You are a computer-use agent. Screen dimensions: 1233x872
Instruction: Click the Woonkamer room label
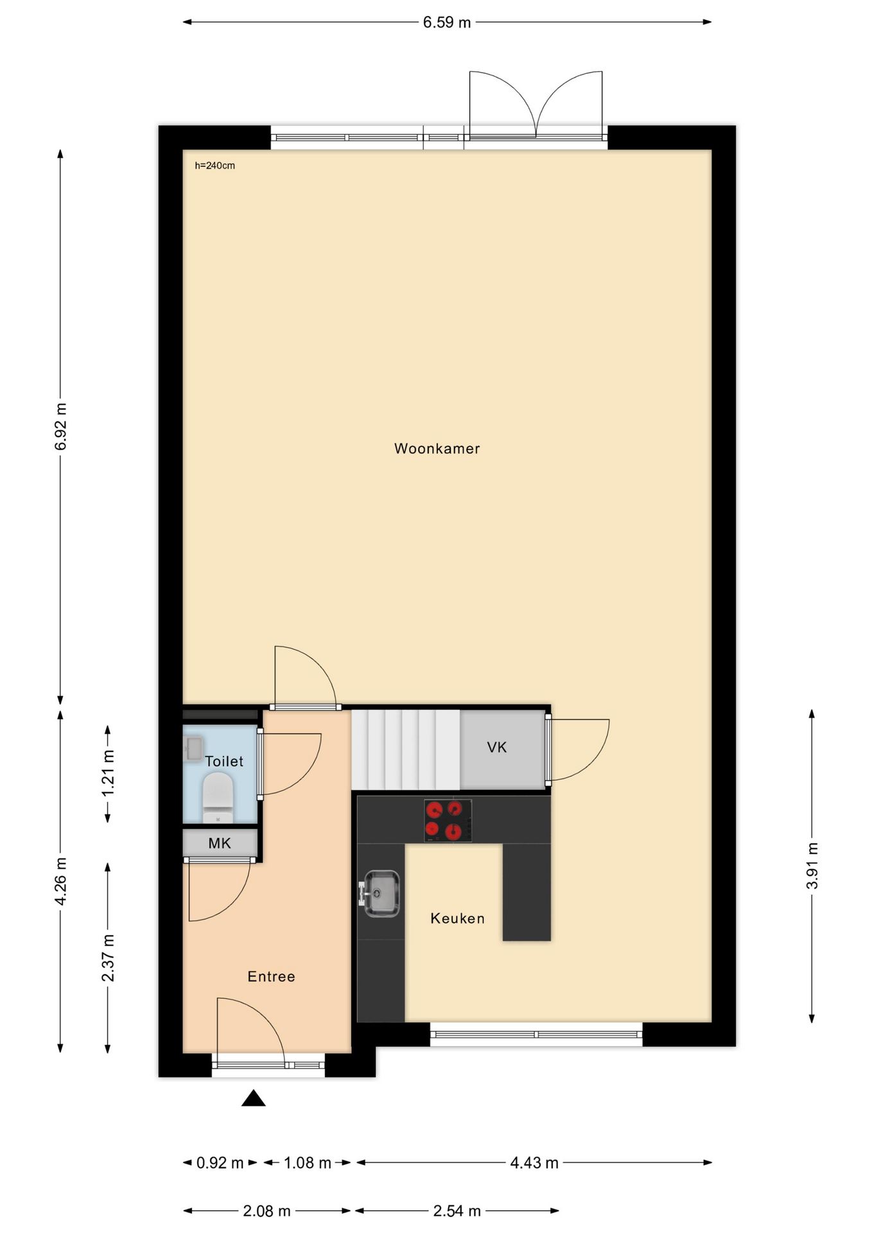(x=437, y=448)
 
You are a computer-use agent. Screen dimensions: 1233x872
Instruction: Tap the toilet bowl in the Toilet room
(x=217, y=796)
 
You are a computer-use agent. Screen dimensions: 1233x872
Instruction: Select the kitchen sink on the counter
(x=381, y=893)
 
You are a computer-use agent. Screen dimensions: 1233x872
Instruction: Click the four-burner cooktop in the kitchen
(x=448, y=820)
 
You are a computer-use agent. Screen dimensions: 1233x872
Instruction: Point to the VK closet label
(x=497, y=747)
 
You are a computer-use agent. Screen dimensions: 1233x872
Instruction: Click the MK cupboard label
(x=220, y=843)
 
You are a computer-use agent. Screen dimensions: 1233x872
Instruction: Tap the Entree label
(x=271, y=976)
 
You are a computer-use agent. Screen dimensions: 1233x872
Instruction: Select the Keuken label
(x=457, y=918)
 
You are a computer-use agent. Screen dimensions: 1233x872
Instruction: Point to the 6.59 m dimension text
(x=447, y=22)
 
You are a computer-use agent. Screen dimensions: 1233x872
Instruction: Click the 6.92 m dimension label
(x=61, y=426)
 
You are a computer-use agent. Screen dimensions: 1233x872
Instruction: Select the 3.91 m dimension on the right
(x=812, y=865)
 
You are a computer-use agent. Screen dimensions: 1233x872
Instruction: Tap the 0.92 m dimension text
(x=220, y=1162)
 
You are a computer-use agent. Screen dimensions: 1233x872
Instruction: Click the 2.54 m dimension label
(x=457, y=1211)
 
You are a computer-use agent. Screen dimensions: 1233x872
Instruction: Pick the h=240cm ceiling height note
(x=215, y=166)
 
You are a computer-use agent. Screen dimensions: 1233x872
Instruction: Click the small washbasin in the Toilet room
(x=193, y=748)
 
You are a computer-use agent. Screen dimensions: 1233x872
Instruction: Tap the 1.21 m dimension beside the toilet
(x=108, y=773)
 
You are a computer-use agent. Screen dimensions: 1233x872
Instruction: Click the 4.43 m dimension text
(x=534, y=1162)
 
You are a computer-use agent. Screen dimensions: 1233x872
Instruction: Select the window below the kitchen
(x=536, y=1034)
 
